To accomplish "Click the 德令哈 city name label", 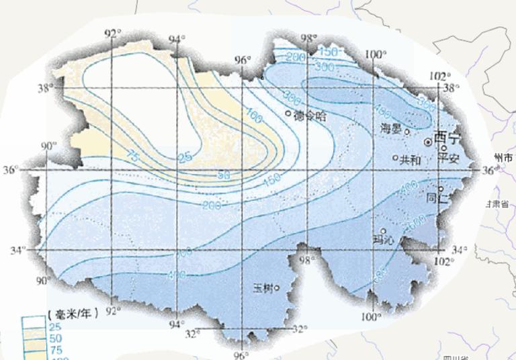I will [310, 116].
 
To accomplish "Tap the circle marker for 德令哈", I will [288, 114].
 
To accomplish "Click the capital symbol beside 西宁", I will [428, 142].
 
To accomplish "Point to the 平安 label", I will [448, 159].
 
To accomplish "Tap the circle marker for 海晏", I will [406, 132].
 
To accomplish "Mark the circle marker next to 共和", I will [395, 158].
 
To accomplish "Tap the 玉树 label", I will [263, 289].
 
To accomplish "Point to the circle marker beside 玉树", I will [276, 289].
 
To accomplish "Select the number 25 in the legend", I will [56, 326].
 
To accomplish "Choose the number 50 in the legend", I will [56, 339].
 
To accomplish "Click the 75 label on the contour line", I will [133, 156].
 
